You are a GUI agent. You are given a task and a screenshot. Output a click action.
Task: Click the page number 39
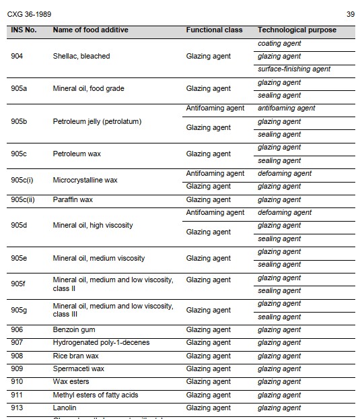point(350,14)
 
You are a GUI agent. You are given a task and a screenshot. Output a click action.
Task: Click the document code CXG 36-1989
point(29,14)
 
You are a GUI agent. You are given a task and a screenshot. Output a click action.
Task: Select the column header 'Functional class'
point(214,30)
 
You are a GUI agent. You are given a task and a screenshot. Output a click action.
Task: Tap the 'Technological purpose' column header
point(297,30)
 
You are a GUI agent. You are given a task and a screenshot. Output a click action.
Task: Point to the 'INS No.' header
point(24,30)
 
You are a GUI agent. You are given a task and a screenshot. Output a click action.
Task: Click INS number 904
point(17,56)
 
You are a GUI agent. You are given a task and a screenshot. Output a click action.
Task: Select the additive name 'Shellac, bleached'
point(81,56)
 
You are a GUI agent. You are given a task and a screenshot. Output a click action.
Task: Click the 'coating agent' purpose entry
point(279,43)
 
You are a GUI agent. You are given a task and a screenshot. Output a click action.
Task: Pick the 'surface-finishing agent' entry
point(294,69)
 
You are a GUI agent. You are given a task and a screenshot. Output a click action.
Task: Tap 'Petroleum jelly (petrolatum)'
point(97,121)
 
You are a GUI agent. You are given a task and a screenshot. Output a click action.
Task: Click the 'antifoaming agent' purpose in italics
point(286,108)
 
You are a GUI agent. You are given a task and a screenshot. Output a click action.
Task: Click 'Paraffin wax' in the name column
point(73,199)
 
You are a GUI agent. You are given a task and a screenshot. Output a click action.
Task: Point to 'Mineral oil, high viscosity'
point(93,225)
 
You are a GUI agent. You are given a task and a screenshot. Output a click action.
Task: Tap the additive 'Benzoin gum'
point(73,329)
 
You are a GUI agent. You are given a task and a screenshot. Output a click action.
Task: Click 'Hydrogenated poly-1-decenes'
point(101,343)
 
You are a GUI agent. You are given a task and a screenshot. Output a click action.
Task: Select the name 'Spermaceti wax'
point(78,369)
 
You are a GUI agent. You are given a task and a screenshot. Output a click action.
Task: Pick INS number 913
point(17,408)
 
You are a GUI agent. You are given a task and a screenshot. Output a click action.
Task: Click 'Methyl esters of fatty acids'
point(96,395)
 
